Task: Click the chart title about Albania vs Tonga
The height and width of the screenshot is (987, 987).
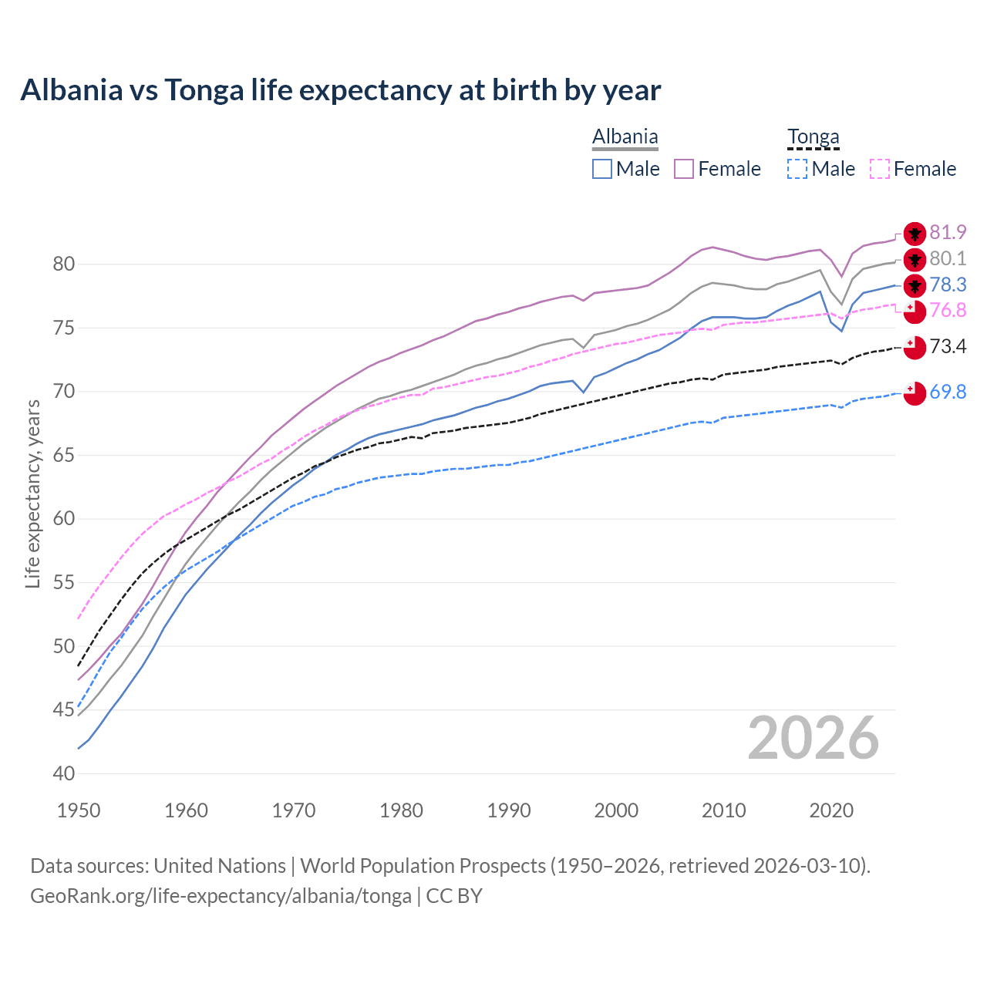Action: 340,90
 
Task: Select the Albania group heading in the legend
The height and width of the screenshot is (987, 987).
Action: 625,137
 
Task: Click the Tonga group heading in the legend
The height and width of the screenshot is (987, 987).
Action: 813,137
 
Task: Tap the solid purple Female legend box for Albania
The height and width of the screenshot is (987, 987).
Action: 684,169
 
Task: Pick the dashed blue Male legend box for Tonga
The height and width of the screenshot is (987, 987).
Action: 797,169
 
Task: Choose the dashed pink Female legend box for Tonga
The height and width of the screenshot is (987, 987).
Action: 879,169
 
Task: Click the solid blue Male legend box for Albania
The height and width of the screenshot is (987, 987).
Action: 602,169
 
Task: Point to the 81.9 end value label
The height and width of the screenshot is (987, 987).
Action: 948,232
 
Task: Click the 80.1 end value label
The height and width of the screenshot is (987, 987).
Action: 948,258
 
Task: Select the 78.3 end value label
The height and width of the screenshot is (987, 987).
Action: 948,285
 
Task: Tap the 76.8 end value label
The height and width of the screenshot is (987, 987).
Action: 948,310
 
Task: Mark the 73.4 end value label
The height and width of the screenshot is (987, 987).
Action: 948,346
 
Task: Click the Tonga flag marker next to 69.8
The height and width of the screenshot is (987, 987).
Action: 915,392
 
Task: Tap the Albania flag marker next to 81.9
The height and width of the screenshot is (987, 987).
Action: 915,234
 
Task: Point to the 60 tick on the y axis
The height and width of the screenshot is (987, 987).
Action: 64,519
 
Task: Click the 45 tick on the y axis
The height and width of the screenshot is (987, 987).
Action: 64,709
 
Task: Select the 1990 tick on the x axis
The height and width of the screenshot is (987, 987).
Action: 509,810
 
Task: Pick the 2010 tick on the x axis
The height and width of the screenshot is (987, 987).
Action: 723,810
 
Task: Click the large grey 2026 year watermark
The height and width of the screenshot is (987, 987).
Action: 813,738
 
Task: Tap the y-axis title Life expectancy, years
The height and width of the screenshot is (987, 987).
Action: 32,493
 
